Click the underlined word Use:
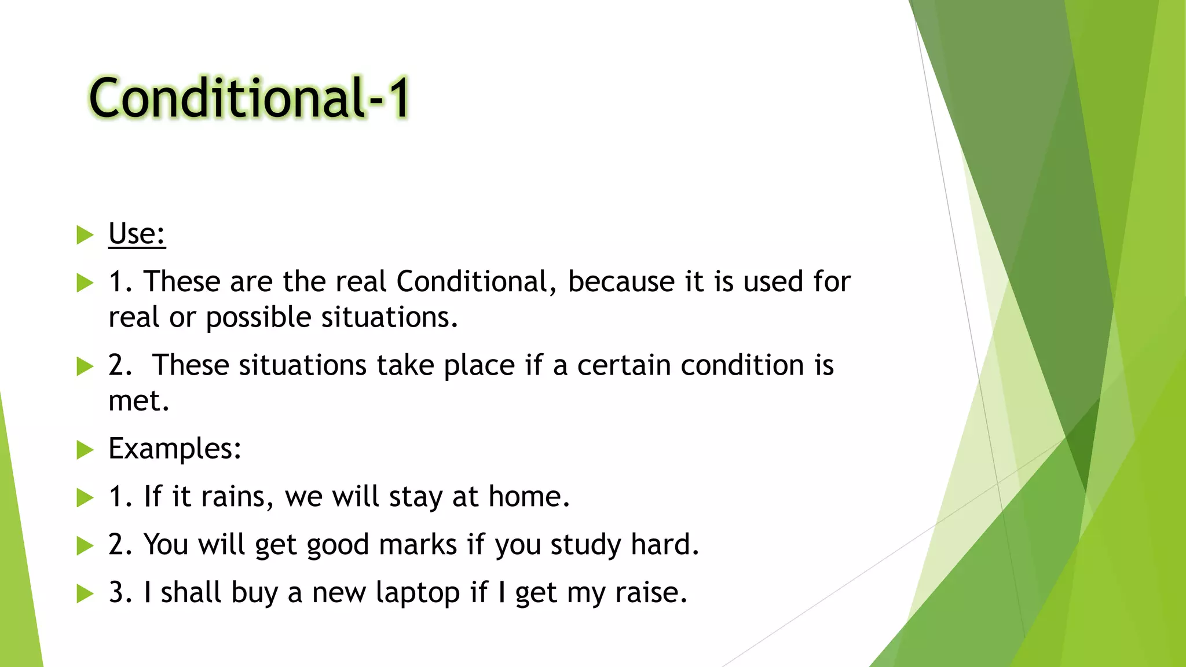click(x=137, y=234)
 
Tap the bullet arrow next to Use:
click(x=85, y=235)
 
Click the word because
click(x=621, y=282)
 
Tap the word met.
click(x=138, y=401)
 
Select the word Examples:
click(x=174, y=449)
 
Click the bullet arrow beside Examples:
click(x=85, y=450)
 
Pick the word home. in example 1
click(x=529, y=497)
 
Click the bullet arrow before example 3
click(x=85, y=593)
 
